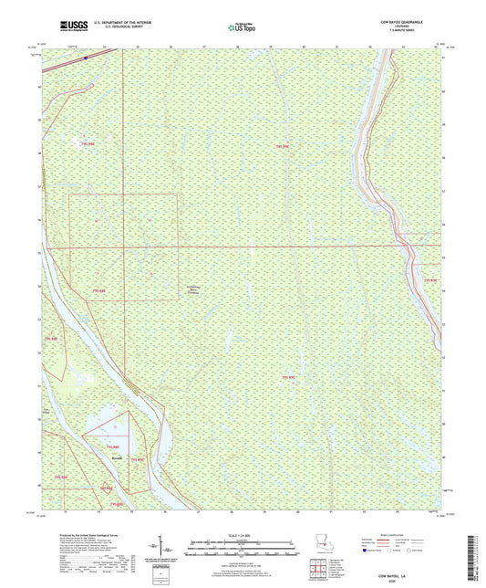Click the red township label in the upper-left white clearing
pos(87,142)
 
